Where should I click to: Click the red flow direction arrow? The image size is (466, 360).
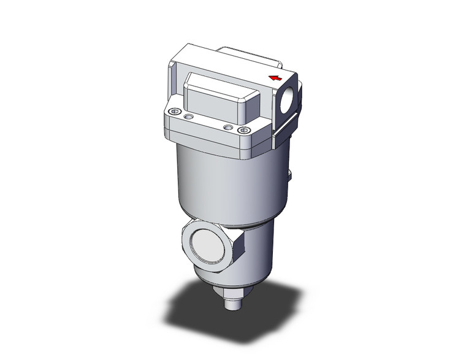(276, 77)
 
